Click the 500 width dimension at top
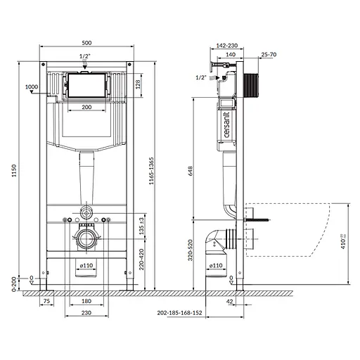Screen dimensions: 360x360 coord(84,41)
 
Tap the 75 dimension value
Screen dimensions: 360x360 coord(47,302)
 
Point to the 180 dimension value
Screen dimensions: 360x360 coord(85,302)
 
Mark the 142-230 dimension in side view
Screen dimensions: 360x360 coord(226,46)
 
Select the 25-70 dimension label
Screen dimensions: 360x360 coord(269,54)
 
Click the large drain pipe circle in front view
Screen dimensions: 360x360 coord(85,238)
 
